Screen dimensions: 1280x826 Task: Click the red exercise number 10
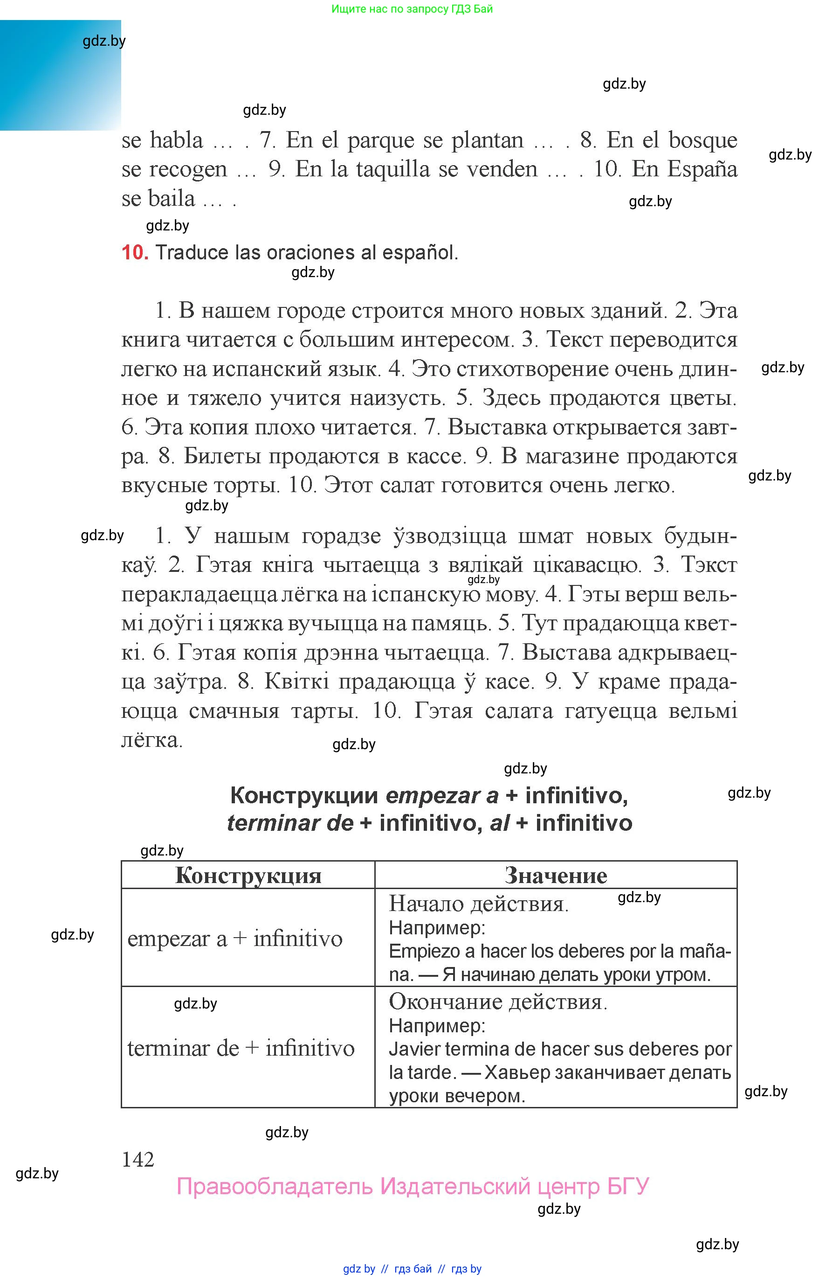134,252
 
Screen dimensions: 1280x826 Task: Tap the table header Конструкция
248,876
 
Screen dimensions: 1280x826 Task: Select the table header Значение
556,876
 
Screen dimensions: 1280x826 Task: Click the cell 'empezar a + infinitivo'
235,939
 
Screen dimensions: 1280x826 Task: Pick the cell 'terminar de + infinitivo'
241,1048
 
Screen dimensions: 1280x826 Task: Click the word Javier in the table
414,1049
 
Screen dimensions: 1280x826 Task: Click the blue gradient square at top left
60,75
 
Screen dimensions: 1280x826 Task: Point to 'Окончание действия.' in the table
498,1002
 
